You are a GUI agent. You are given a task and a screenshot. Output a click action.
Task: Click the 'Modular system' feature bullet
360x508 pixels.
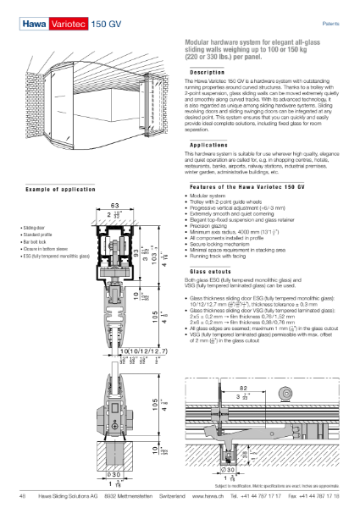(207, 173)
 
